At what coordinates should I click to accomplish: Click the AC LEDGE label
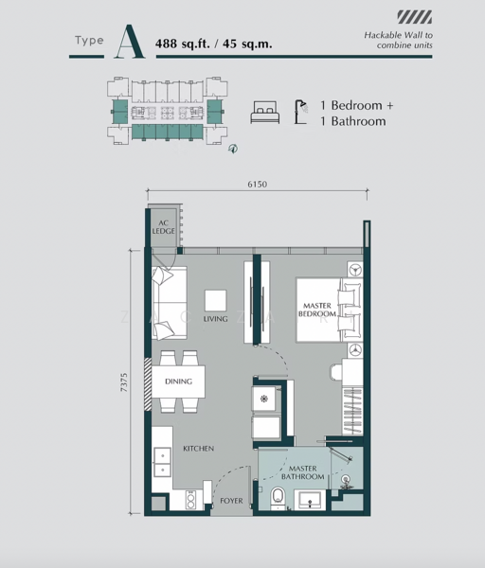[163, 227]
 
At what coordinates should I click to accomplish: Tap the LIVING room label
[215, 319]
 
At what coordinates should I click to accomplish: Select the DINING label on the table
[178, 382]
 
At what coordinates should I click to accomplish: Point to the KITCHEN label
[198, 449]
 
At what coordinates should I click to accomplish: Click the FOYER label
[231, 501]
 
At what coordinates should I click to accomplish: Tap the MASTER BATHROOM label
[303, 472]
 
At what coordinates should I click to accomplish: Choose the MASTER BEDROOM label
[317, 310]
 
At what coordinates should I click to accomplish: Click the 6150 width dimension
[258, 184]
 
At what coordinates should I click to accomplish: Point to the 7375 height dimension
[124, 382]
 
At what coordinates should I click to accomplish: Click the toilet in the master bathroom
[278, 498]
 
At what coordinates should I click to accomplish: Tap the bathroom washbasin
[310, 500]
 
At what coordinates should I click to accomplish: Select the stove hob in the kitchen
[190, 500]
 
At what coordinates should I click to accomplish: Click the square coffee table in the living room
[216, 301]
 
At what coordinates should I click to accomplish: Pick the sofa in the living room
[170, 303]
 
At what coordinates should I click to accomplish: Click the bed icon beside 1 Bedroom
[265, 113]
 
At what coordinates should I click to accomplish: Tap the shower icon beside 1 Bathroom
[301, 113]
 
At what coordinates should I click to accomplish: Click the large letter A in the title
[130, 42]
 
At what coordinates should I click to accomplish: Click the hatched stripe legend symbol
[415, 17]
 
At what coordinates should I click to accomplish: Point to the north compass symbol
[233, 149]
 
